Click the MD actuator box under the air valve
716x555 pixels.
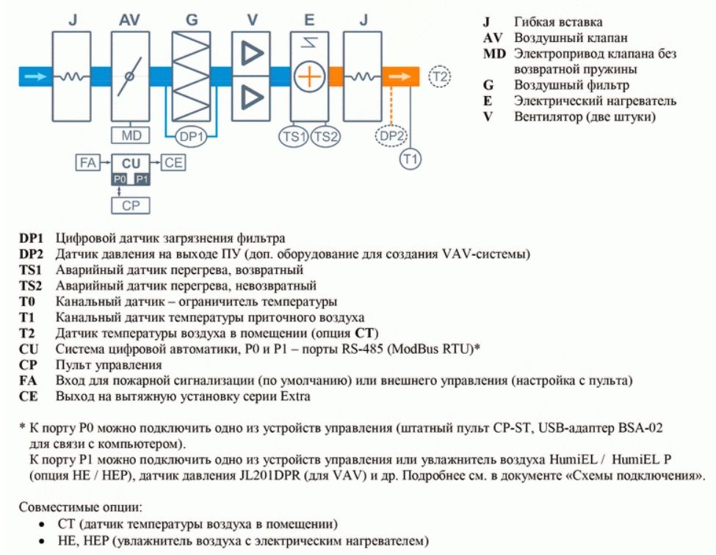click(x=131, y=136)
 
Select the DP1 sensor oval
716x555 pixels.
click(x=192, y=137)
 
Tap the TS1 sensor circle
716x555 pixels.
click(x=294, y=136)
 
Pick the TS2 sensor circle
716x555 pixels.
click(x=326, y=136)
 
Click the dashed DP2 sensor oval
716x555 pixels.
click(x=391, y=136)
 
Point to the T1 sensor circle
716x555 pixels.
click(x=411, y=159)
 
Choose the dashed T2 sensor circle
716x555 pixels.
click(x=440, y=76)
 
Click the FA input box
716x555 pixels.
click(x=87, y=162)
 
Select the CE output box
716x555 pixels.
click(x=173, y=162)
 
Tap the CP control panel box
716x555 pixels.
click(x=131, y=206)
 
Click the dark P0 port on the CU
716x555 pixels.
click(x=119, y=179)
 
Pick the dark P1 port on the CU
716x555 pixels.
click(x=142, y=179)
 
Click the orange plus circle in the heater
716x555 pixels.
click(x=309, y=76)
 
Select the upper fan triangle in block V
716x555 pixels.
click(x=252, y=54)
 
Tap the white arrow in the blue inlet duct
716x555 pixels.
click(x=35, y=76)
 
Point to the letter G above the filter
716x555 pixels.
click(x=192, y=21)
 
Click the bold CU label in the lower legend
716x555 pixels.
click(x=29, y=349)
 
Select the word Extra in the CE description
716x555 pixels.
click(x=295, y=396)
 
